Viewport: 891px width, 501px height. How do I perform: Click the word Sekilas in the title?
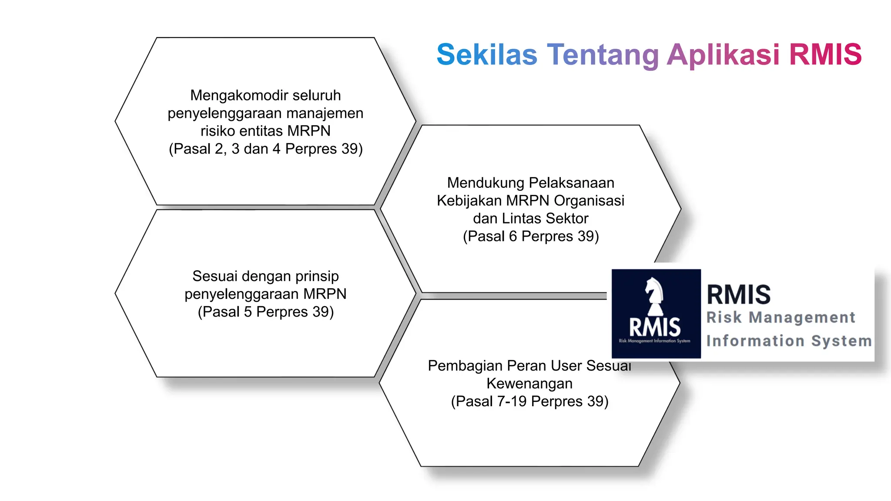click(487, 55)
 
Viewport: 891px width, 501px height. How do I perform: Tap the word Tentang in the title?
click(603, 55)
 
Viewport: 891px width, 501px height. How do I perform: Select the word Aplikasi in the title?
click(723, 55)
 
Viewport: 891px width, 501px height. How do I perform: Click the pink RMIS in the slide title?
click(825, 55)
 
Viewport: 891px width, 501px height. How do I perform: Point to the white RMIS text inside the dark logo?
click(655, 327)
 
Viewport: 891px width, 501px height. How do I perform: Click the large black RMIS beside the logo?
click(738, 294)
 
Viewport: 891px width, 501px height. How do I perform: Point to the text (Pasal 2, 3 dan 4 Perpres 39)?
click(265, 149)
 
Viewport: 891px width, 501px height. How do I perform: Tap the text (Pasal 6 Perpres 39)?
click(531, 236)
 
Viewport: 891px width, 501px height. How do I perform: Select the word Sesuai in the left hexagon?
click(215, 276)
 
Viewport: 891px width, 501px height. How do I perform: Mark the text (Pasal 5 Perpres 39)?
click(265, 312)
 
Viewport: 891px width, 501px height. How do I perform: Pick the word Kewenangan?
click(529, 384)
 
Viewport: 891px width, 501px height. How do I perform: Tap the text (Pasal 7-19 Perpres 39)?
click(529, 401)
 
